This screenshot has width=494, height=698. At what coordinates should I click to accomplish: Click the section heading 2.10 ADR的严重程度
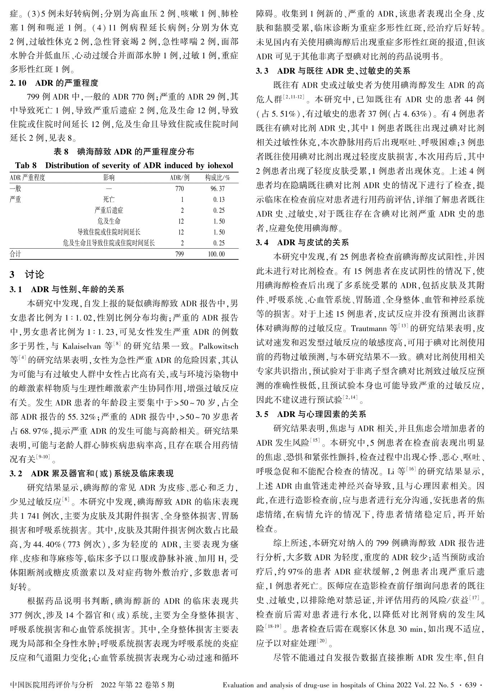54,83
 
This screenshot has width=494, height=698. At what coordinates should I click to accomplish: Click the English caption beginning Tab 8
124,166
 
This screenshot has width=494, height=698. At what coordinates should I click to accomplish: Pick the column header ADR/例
179,177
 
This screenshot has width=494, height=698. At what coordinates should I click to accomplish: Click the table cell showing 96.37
217,189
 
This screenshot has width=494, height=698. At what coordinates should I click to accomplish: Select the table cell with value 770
179,189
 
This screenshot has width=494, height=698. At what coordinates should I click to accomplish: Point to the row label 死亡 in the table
109,200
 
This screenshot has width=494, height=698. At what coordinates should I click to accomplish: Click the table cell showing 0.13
218,200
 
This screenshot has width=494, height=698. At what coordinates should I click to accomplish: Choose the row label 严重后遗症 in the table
109,210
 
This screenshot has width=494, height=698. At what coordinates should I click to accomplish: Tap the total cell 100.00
216,254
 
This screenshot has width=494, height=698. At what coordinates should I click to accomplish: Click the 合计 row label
15,254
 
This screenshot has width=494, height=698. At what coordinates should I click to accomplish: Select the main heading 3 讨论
27,275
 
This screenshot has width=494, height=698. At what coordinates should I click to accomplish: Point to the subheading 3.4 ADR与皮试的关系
302,242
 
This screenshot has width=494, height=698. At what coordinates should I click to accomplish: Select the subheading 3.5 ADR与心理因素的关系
311,414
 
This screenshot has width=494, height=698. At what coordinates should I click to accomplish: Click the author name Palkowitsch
218,346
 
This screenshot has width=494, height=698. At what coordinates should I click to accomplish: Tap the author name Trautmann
369,328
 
